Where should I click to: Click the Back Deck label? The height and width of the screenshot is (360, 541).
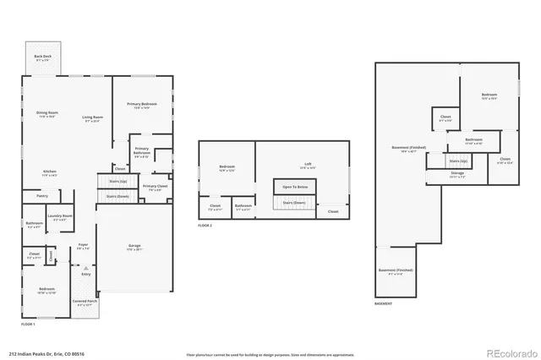[x=42, y=57]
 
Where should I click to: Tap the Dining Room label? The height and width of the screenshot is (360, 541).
[x=46, y=114]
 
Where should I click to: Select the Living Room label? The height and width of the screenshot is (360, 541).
[x=92, y=118]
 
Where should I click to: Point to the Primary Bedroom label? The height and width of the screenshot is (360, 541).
[x=144, y=106]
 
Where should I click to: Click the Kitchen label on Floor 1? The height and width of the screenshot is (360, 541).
[x=50, y=173]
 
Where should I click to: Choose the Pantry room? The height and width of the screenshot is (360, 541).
[x=42, y=196]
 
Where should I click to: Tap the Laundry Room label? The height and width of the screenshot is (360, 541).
[x=60, y=217]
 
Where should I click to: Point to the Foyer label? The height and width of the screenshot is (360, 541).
[x=84, y=247]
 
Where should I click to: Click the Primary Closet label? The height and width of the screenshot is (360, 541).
[x=155, y=188]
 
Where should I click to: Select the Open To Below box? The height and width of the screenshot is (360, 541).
[x=294, y=187]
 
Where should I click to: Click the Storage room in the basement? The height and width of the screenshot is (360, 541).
[x=456, y=174]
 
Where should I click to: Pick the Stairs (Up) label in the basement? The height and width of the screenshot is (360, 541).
[x=458, y=160]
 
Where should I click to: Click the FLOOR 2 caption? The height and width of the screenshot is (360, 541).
[x=205, y=226]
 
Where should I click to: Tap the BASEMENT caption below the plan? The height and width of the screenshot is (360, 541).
[x=383, y=303]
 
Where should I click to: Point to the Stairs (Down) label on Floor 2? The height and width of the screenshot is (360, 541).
[x=294, y=203]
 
